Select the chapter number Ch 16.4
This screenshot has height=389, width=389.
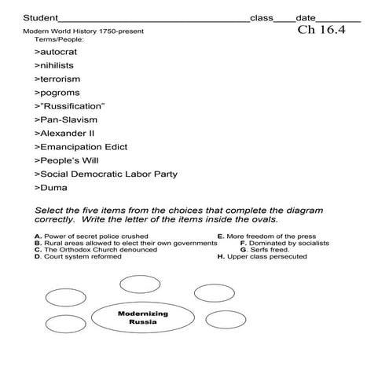(322, 31)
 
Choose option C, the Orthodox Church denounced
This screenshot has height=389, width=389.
(95, 250)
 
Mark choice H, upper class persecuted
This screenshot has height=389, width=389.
(263, 257)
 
